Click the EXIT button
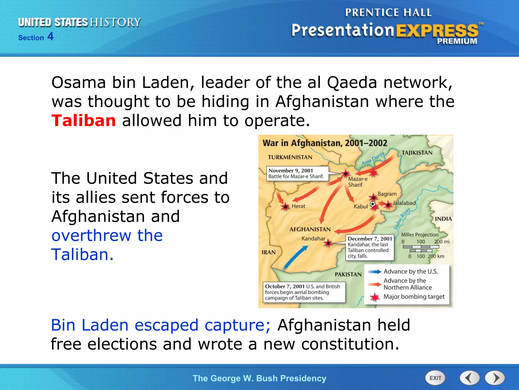pyautogui.click(x=435, y=378)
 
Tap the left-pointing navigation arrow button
pyautogui.click(x=470, y=378)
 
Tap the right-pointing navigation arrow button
pyautogui.click(x=495, y=378)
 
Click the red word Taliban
pyautogui.click(x=84, y=120)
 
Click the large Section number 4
pyautogui.click(x=50, y=36)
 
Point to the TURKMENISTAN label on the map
pyautogui.click(x=290, y=157)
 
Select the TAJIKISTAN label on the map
pyautogui.click(x=417, y=153)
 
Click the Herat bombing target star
pyautogui.click(x=286, y=207)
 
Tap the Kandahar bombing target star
pyautogui.click(x=328, y=243)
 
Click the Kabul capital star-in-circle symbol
pyautogui.click(x=373, y=204)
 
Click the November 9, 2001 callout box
pyautogui.click(x=297, y=173)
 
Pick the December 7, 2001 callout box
pyautogui.click(x=370, y=247)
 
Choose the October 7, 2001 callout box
pyautogui.click(x=304, y=292)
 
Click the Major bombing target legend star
pyautogui.click(x=375, y=297)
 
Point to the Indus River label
pyautogui.click(x=402, y=219)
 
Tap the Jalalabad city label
pyautogui.click(x=404, y=203)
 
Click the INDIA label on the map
pyautogui.click(x=443, y=219)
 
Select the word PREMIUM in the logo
pyautogui.click(x=457, y=41)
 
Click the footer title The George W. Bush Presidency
pyautogui.click(x=259, y=378)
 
